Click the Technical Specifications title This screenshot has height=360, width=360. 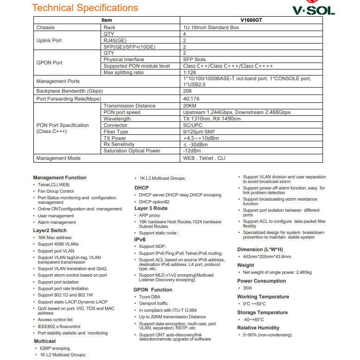[x=85, y=8]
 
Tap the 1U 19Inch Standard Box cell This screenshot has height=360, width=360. [x=211, y=27]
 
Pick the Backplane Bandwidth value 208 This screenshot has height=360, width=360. [x=187, y=91]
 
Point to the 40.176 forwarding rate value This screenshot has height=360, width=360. [x=191, y=99]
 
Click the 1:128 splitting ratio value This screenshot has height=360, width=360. [x=189, y=72]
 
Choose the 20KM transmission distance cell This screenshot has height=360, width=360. [x=190, y=106]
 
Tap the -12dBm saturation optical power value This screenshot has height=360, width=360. [x=192, y=151]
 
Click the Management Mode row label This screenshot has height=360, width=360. [x=58, y=158]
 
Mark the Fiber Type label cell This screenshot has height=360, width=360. [x=116, y=132]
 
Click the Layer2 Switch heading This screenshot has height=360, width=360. [x=50, y=230]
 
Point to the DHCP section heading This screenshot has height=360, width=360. [x=141, y=188]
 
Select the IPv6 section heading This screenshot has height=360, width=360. [x=140, y=240]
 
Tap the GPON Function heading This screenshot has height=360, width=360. [x=152, y=290]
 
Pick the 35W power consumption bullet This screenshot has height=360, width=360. [x=247, y=288]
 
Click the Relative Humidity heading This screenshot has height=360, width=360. [x=258, y=328]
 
